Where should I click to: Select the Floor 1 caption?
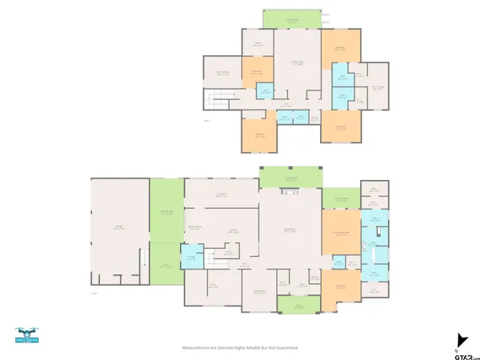pyautogui.click(x=94, y=294)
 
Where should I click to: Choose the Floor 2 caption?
pyautogui.click(x=206, y=121)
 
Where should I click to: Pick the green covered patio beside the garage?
pyautogui.click(x=167, y=211)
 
